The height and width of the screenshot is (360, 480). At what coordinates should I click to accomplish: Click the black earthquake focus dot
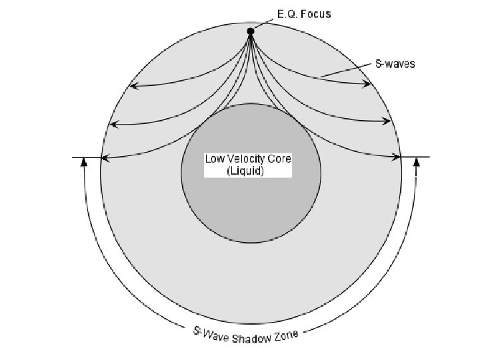pyautogui.click(x=251, y=31)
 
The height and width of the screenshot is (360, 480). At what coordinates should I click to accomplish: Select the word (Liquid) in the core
pyautogui.click(x=245, y=171)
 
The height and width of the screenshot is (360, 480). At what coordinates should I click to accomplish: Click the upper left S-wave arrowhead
pyautogui.click(x=132, y=85)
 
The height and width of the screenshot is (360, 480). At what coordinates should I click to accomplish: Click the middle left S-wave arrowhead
pyautogui.click(x=113, y=124)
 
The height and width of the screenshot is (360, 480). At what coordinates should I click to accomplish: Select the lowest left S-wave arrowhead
pyautogui.click(x=103, y=158)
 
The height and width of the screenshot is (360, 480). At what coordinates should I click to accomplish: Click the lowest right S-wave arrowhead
pyautogui.click(x=399, y=157)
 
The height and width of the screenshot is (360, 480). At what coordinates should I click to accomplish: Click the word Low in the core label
pyautogui.click(x=214, y=159)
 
